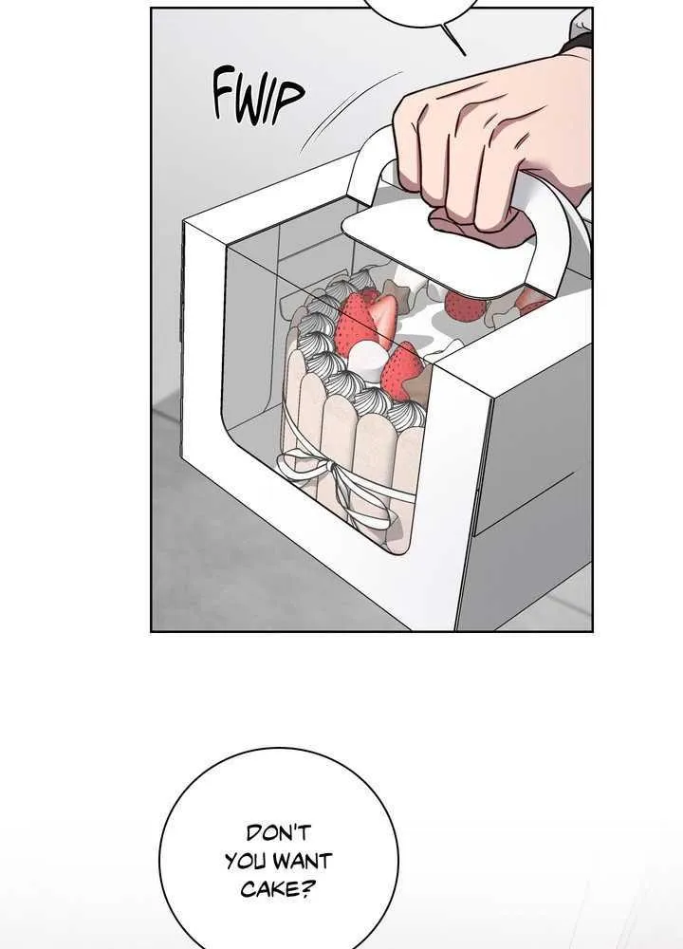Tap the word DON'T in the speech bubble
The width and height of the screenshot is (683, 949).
(x=278, y=833)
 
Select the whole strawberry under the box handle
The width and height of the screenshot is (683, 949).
(x=465, y=307)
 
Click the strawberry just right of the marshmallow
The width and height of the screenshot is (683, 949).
(x=401, y=370)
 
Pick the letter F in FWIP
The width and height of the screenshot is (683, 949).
(x=224, y=94)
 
